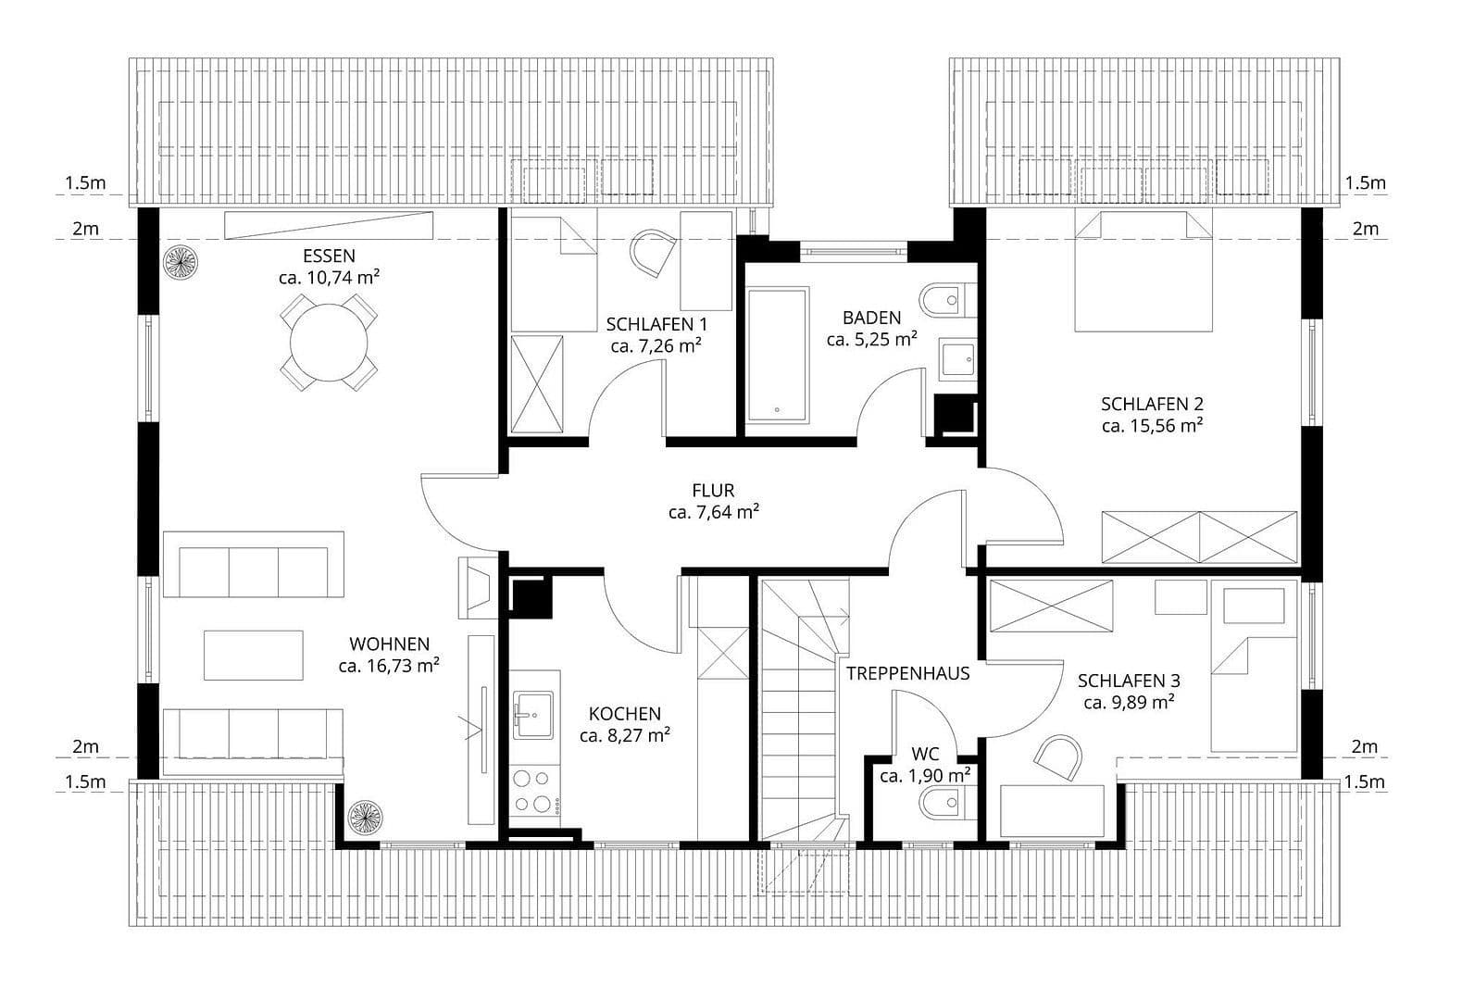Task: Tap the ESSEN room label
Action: (329, 256)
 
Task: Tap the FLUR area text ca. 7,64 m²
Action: (713, 511)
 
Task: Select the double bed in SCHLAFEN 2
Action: (1143, 270)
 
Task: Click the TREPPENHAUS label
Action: (907, 673)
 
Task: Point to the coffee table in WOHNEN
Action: (254, 655)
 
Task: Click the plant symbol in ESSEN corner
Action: (180, 262)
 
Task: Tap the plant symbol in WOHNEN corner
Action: (365, 819)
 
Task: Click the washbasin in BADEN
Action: (957, 360)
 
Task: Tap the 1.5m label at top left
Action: (85, 183)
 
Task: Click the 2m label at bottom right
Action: (1364, 746)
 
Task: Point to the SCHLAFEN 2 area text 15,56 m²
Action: (1152, 426)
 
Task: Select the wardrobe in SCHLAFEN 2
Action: (1198, 536)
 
